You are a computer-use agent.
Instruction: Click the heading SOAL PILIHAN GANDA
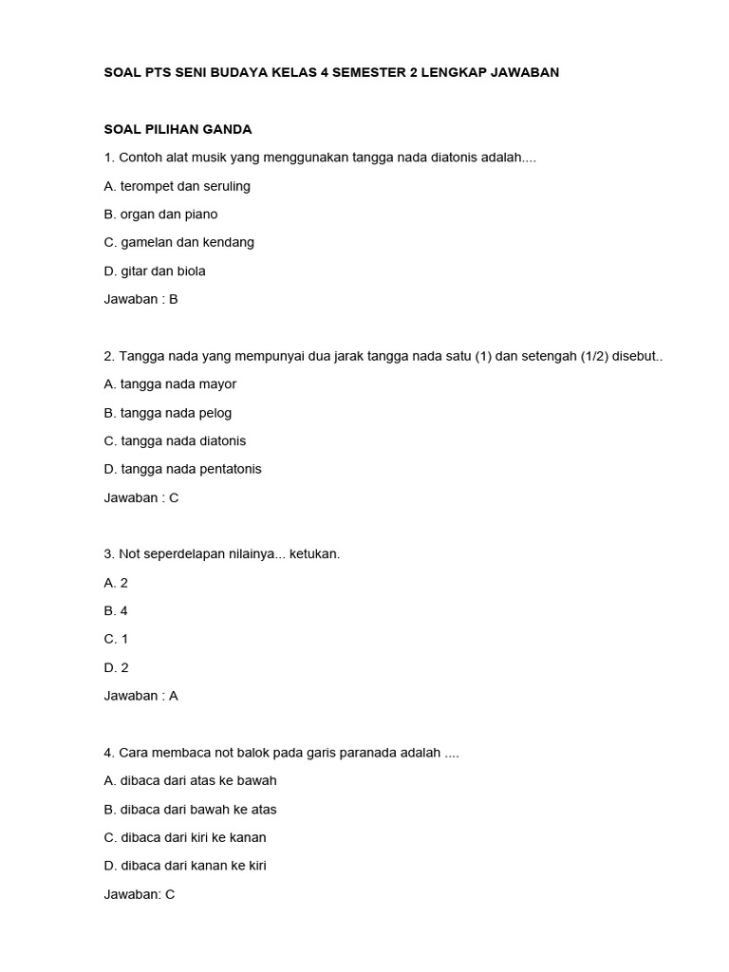[178, 129]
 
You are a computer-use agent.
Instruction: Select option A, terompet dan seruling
[178, 186]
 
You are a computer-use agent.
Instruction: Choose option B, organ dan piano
[161, 215]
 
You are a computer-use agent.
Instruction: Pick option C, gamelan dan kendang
[179, 242]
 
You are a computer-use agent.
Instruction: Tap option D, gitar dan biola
[155, 271]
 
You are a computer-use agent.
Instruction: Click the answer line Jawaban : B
[141, 299]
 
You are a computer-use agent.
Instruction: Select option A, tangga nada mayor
[171, 383]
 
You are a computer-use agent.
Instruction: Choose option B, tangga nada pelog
[168, 413]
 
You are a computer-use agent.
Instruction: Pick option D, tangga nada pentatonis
[183, 469]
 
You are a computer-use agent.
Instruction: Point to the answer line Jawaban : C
[141, 497]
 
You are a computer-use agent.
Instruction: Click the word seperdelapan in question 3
[186, 553]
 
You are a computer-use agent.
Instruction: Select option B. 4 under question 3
[116, 610]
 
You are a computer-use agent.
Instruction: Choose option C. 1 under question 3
[116, 639]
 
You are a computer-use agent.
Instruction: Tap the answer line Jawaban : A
[141, 696]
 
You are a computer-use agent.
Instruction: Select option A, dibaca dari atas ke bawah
[191, 780]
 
